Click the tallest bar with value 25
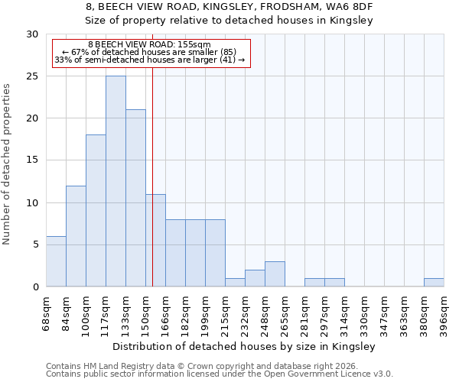click(116, 181)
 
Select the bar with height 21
click(135, 198)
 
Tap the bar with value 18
click(96, 210)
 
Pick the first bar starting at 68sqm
click(56, 261)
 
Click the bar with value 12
click(76, 236)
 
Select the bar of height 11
click(155, 240)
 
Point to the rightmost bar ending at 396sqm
click(434, 282)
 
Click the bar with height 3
click(275, 274)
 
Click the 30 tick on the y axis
click(32, 34)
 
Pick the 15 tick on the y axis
click(32, 160)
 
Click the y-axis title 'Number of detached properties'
click(7, 164)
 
